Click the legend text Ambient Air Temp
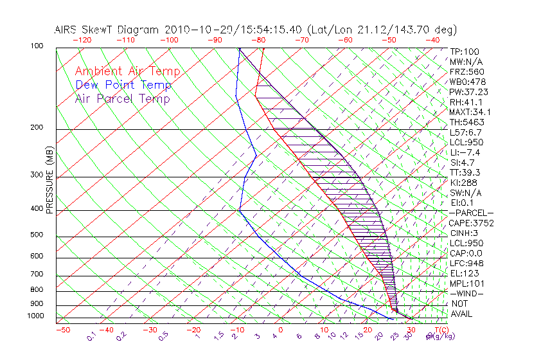point(127,71)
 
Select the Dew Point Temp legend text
point(123,85)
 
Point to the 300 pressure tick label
point(37,175)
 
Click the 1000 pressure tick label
point(36,316)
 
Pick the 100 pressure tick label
point(37,46)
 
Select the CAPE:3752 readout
point(472,223)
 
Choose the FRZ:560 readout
point(467,71)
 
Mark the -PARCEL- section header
point(471,213)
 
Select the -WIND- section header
point(467,293)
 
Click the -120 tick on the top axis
point(82,39)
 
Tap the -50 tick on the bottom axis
point(62,330)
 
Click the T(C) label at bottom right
point(438,330)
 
